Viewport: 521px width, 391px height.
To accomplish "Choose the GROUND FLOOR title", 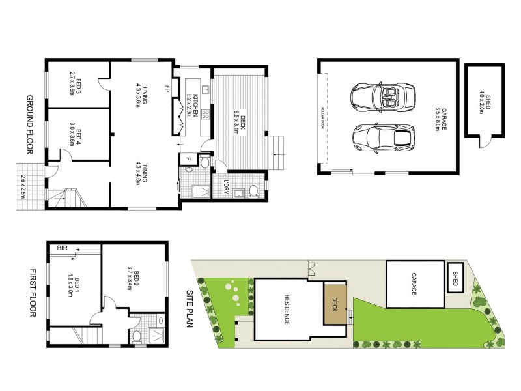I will coord(30,124).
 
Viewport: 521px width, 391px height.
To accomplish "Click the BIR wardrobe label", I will coord(63,248).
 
